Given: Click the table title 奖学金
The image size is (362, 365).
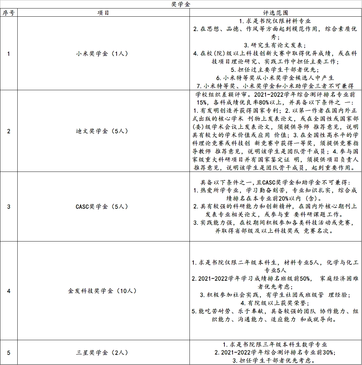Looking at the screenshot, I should [181, 4].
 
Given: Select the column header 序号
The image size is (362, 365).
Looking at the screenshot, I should [9, 13].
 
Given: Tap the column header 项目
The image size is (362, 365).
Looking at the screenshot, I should [103, 13].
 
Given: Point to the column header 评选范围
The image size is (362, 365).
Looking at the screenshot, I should [275, 13].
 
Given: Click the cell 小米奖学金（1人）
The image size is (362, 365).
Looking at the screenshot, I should [103, 54].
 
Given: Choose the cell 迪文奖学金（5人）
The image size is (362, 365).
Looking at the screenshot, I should [103, 131].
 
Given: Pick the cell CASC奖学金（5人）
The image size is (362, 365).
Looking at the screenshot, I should [103, 207].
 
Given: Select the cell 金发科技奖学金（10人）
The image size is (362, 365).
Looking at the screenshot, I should [103, 291].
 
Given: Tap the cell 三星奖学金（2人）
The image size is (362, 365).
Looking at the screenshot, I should [103, 353].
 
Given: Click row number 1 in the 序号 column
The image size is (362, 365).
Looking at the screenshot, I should [9, 54].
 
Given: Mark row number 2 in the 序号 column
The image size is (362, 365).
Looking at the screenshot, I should [9, 131].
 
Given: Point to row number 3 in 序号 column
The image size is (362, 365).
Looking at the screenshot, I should [9, 207].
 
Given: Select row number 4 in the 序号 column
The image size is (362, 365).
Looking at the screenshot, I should [9, 291].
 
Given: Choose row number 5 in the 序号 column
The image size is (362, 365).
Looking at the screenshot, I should [9, 353].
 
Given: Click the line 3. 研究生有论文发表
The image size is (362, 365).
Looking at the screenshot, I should [275, 45].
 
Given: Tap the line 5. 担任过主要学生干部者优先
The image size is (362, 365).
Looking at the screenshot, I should [275, 70].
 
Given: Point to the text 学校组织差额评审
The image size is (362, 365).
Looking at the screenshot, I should [221, 94].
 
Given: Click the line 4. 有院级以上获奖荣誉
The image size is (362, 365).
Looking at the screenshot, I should [275, 303].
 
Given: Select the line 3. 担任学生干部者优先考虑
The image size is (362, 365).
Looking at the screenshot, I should [275, 361].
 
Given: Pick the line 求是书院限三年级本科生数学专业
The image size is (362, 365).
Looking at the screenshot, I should [275, 344].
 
